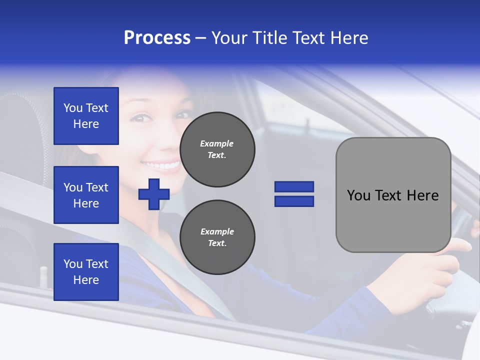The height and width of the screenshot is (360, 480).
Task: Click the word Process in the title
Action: [x=157, y=38]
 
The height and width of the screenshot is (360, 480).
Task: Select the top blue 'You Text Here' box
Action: [x=86, y=116]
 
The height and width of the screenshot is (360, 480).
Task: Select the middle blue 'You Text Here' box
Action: [x=86, y=195]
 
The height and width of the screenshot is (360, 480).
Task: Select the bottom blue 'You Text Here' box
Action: [x=86, y=271]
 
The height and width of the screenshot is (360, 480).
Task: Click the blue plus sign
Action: [x=153, y=194]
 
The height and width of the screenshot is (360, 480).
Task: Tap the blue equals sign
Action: [x=294, y=194]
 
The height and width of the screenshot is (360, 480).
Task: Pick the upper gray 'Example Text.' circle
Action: [x=217, y=149]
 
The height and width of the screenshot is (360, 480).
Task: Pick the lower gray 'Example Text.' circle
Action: [x=217, y=237]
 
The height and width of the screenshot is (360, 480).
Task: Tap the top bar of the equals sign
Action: [x=294, y=187]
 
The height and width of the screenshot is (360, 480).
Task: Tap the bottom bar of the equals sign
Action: [x=294, y=201]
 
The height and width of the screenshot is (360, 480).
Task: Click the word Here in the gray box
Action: [x=422, y=195]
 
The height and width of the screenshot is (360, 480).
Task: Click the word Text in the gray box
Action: [x=389, y=195]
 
